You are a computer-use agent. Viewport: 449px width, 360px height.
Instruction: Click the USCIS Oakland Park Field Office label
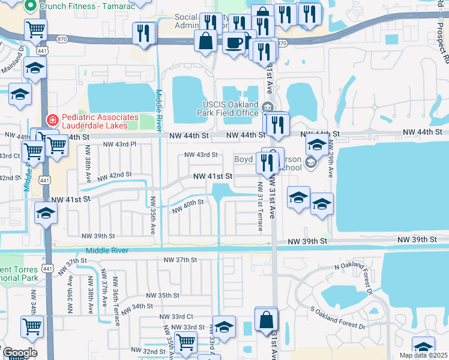(229, 108)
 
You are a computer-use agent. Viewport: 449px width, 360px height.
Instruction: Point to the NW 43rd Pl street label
(120, 145)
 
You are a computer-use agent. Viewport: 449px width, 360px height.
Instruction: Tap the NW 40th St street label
(188, 206)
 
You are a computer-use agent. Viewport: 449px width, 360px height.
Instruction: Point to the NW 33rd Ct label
(176, 316)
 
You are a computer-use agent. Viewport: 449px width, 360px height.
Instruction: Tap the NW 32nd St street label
(145, 351)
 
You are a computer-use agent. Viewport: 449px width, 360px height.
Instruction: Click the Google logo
(20, 353)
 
